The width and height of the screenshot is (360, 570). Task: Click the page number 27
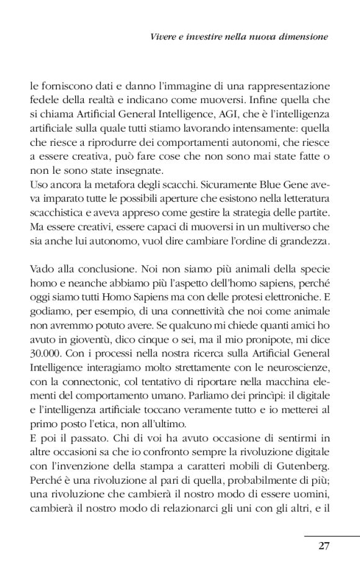pyautogui.click(x=323, y=546)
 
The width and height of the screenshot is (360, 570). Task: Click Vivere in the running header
pyautogui.click(x=163, y=37)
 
